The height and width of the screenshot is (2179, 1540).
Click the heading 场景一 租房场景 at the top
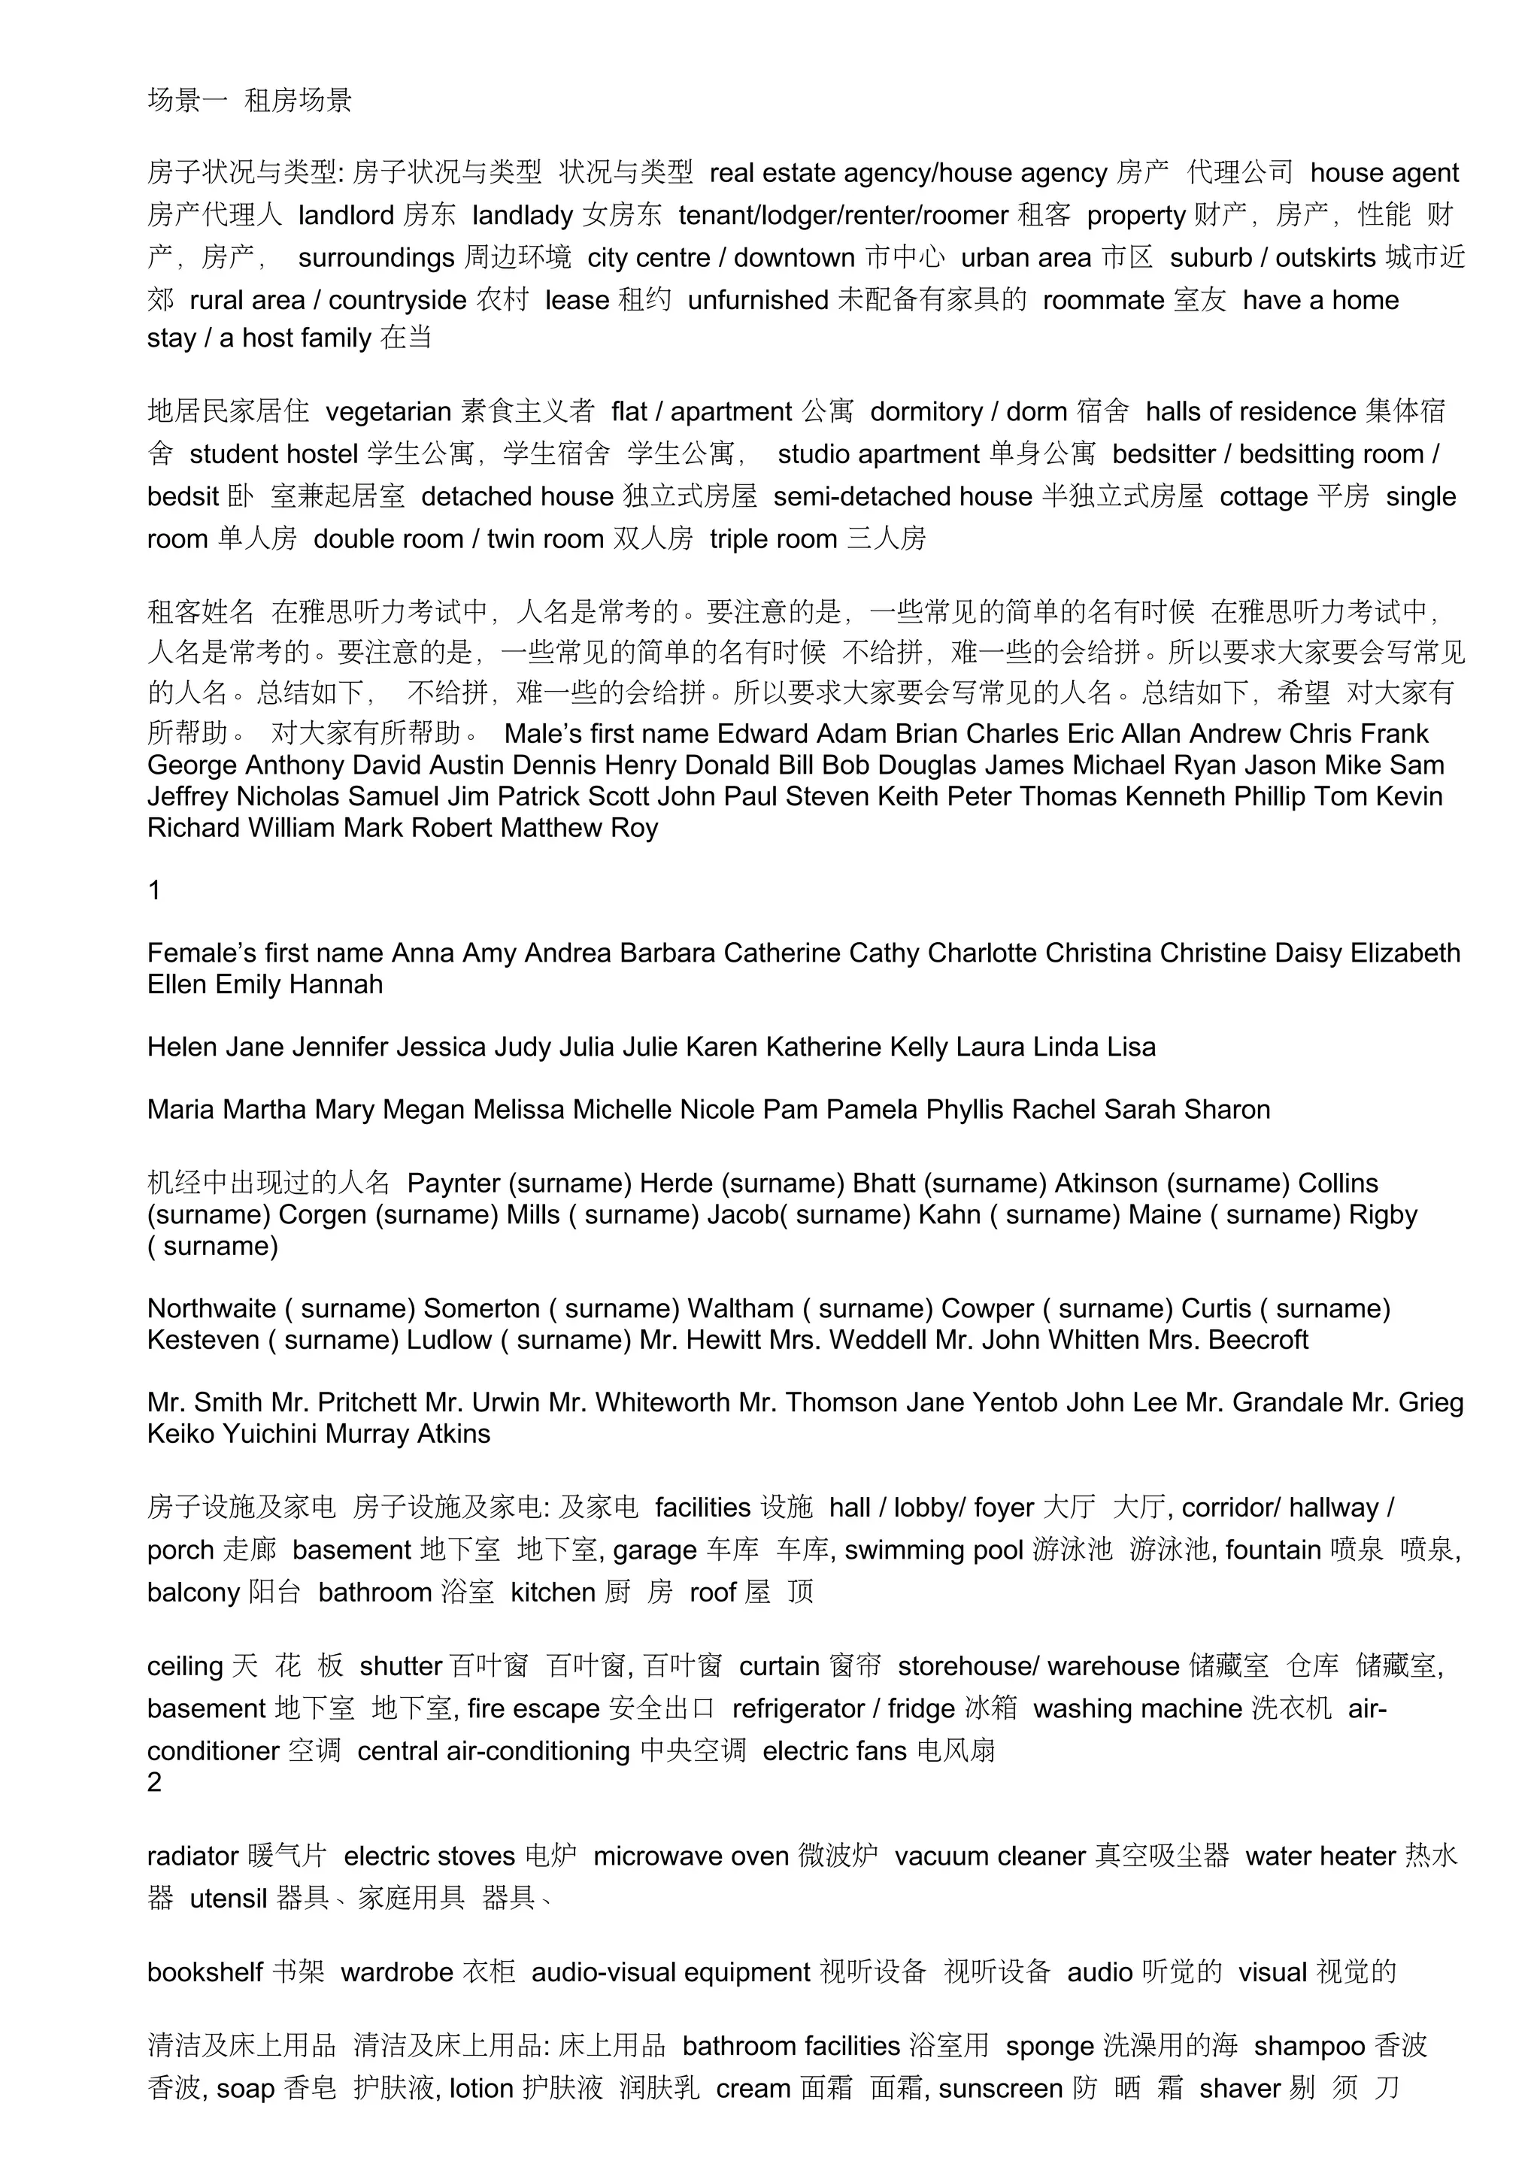click(250, 101)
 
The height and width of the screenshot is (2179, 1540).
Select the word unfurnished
click(758, 300)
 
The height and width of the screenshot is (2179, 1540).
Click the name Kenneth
click(1175, 796)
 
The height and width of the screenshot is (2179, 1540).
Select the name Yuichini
click(269, 1434)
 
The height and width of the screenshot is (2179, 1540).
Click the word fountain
click(1273, 1550)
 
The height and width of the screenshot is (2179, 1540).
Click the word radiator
click(192, 1856)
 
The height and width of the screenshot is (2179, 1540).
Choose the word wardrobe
click(396, 1972)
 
